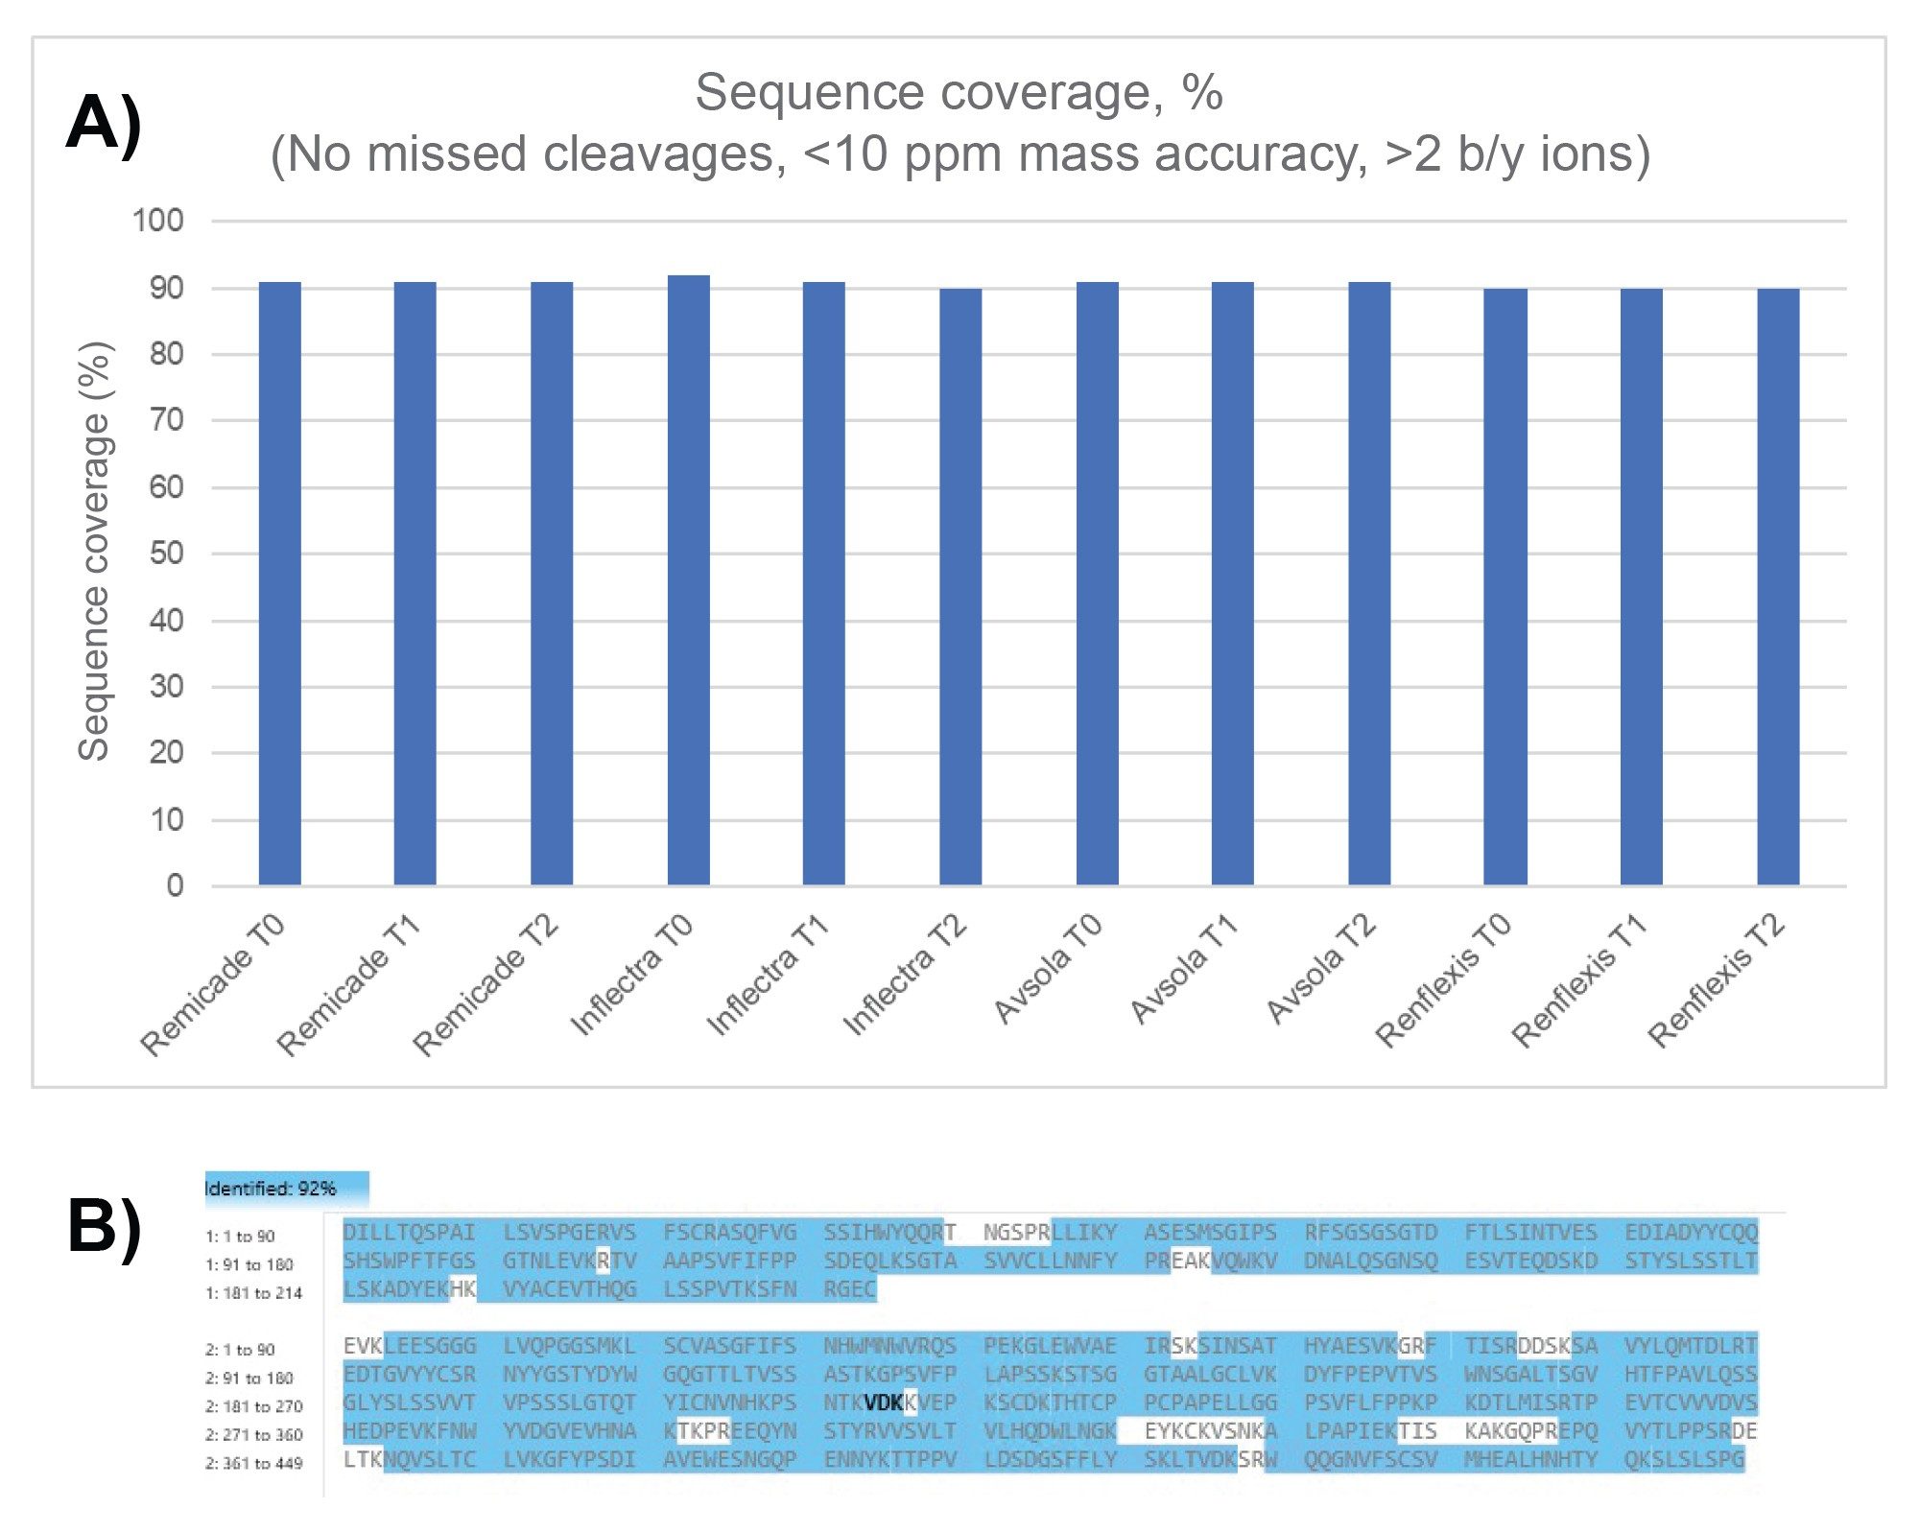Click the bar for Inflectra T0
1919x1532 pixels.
(x=688, y=580)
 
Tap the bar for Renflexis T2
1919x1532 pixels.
(x=1778, y=586)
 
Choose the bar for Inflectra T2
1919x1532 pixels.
(x=960, y=586)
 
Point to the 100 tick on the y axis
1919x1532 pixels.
(x=158, y=221)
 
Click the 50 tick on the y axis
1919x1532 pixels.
(x=166, y=554)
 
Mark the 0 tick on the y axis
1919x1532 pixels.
(x=175, y=885)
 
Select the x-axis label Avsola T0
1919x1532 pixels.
(x=1049, y=968)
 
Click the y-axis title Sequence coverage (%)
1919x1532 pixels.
(x=94, y=552)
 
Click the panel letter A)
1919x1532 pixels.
(x=104, y=125)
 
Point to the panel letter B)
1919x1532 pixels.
(x=104, y=1227)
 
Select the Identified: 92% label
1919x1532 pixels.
(x=271, y=1189)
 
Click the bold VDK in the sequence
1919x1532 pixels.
(x=884, y=1402)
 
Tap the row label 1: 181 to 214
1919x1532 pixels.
(x=253, y=1293)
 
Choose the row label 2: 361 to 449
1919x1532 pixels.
(x=253, y=1463)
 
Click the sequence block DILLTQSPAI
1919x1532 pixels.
(x=409, y=1232)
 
